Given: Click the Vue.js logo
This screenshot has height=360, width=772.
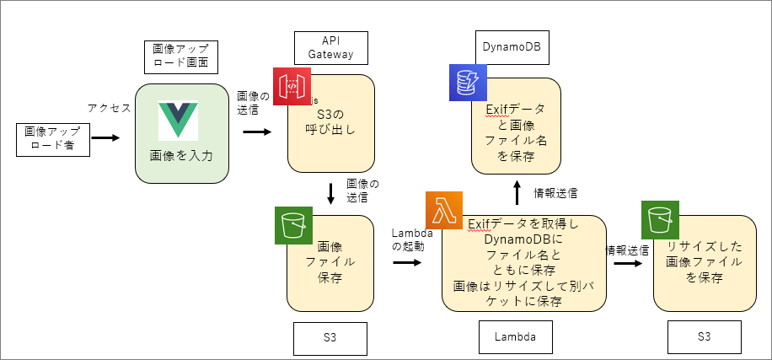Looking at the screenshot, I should coord(182,121).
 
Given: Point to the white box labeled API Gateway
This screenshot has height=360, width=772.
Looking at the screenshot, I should coord(330,48).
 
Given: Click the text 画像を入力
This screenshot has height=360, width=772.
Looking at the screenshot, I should coord(182,155).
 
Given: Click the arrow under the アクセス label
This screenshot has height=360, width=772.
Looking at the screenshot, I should coord(105,136).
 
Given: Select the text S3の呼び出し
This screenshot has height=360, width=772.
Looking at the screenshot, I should coord(330,122).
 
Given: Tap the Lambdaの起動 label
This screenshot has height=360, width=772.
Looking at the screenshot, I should coord(412,239).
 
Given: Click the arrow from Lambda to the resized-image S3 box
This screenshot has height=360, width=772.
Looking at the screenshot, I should coord(627,262).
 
